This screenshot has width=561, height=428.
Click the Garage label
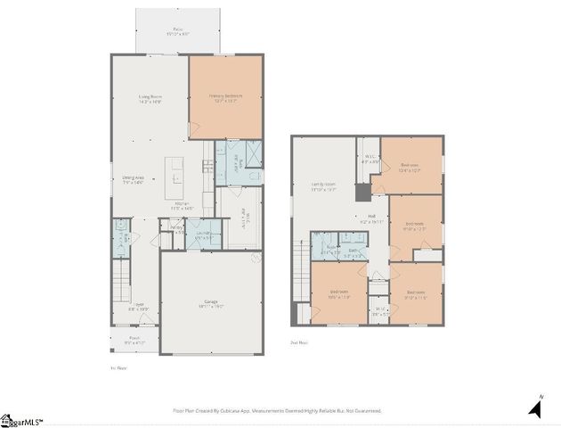[212, 304]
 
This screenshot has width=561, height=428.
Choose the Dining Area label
[134, 181]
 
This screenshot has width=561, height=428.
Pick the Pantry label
[177, 230]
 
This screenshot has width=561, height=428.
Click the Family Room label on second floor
[323, 185]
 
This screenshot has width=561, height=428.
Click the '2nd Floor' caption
[299, 342]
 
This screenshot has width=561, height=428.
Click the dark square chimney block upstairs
[362, 193]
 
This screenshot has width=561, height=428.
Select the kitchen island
[174, 179]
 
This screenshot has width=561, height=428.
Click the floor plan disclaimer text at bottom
[277, 411]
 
